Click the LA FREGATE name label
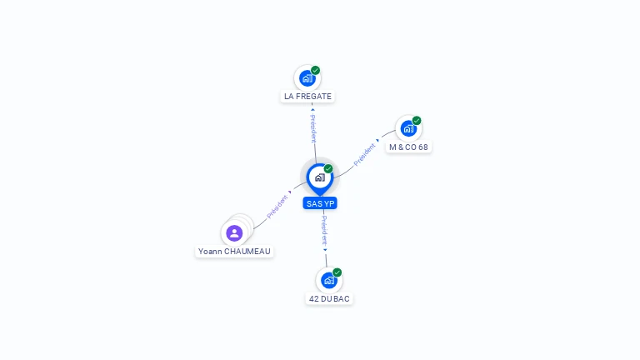tap(307, 97)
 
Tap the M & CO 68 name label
tap(408, 147)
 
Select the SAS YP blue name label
tap(320, 203)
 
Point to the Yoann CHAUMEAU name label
tap(234, 251)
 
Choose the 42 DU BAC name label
tap(329, 298)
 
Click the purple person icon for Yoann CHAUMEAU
tap(234, 233)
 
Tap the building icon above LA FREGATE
tap(307, 78)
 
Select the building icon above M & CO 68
tap(407, 129)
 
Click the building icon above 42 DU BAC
tap(328, 281)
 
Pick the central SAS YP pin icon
tap(319, 177)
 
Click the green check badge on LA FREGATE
tap(316, 70)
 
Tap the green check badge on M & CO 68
tap(417, 121)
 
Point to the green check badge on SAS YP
tap(328, 169)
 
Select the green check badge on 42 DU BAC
tap(337, 272)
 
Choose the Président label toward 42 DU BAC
tap(324, 229)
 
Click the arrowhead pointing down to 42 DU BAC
tap(325, 249)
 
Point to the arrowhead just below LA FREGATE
tap(312, 109)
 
